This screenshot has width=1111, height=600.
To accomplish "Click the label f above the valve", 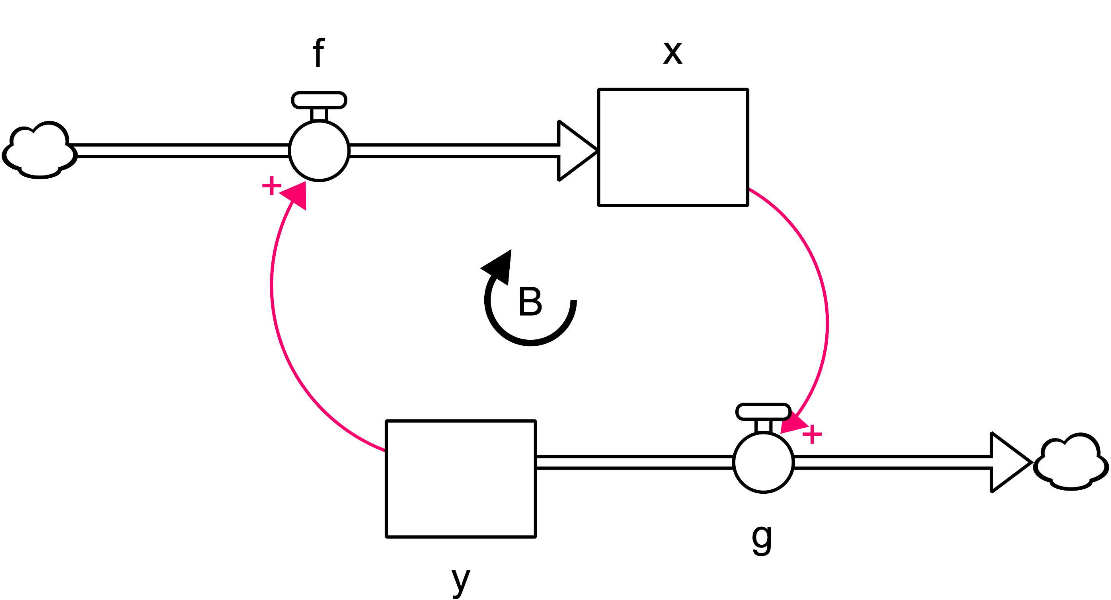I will [318, 53].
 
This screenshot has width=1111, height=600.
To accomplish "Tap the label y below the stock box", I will [461, 581].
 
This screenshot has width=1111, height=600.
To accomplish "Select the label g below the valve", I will [762, 539].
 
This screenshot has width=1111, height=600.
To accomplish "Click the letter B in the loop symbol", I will [530, 302].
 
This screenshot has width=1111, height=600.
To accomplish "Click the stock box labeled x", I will [672, 147].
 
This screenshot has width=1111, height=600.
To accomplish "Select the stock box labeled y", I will [461, 479].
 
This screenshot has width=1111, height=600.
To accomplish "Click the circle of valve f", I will [319, 151].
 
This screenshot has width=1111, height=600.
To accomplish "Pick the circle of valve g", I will [763, 462].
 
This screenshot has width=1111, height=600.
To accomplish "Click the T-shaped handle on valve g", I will [763, 412].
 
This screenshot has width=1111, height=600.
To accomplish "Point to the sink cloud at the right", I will [1071, 463].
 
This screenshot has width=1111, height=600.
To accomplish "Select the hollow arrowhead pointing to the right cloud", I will [1008, 462].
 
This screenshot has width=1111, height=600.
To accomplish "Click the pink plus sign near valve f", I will [272, 186].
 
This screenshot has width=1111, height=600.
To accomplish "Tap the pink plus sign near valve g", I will [812, 434].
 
